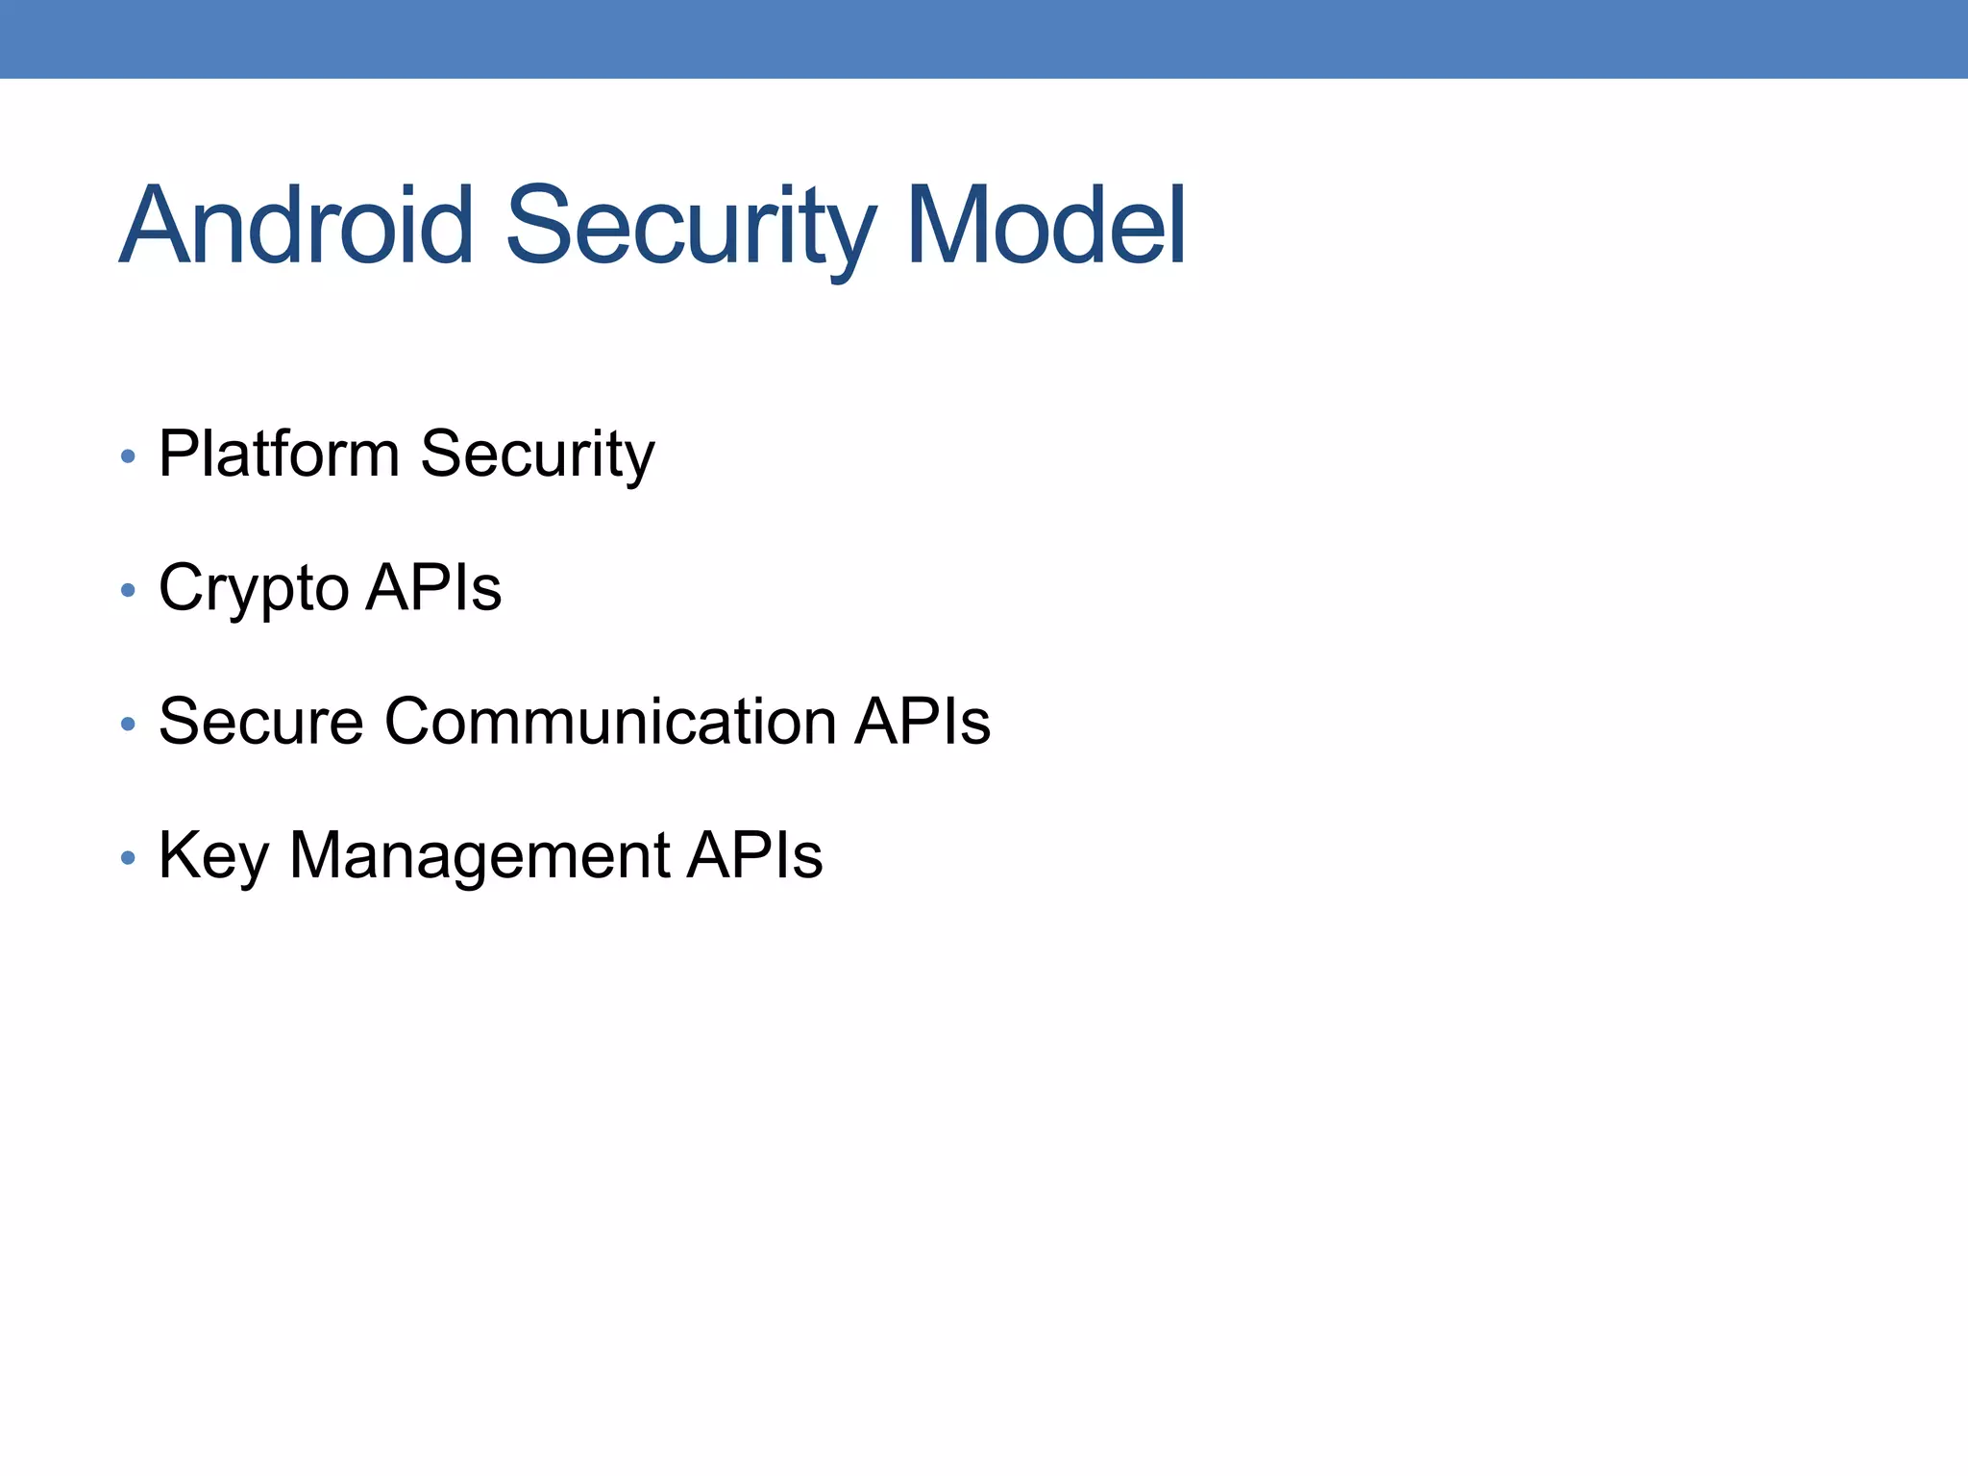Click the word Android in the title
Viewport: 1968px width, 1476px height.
296,227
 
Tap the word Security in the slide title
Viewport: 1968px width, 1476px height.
690,227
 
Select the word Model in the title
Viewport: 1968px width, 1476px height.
1045,227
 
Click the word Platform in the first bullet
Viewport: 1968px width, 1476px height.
279,454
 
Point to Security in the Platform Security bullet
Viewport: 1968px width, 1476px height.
537,454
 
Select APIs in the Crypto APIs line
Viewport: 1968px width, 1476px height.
433,587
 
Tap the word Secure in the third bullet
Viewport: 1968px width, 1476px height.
260,721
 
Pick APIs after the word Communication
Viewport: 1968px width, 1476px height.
922,721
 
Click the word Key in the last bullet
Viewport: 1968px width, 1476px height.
213,855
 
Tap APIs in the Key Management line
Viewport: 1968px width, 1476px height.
754,854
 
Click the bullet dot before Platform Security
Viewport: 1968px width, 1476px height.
128,456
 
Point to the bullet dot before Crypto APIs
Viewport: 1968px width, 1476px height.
128,590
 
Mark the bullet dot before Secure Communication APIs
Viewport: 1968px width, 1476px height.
128,724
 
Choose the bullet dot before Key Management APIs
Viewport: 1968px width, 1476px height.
128,857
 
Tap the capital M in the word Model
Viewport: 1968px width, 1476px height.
947,227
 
